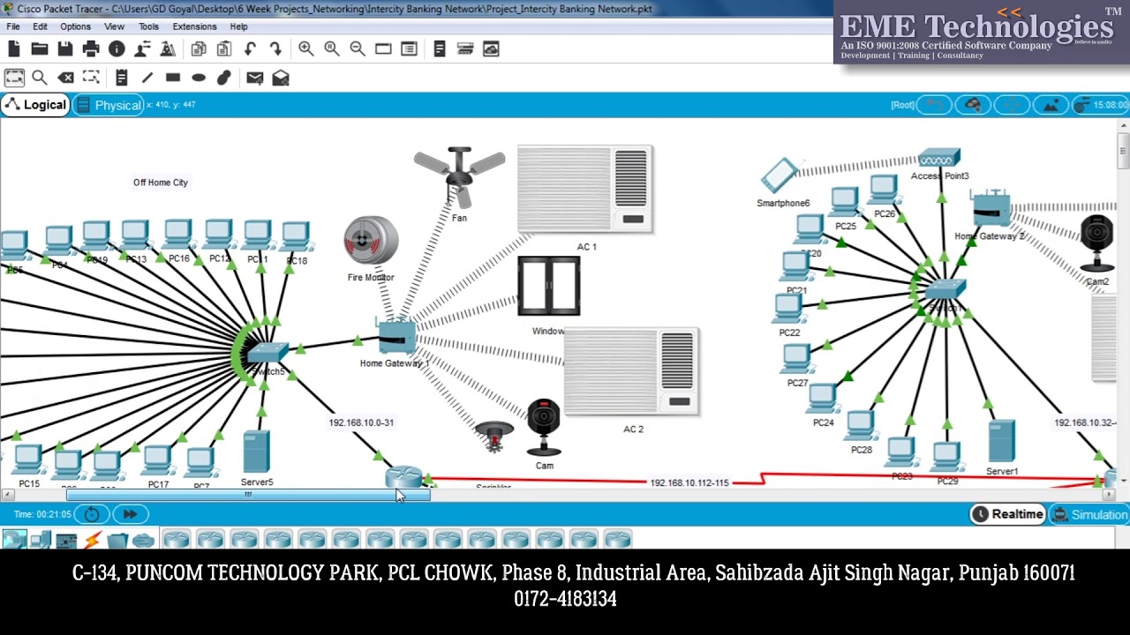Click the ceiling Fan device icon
tap(459, 176)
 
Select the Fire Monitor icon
tap(371, 241)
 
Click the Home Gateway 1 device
tap(396, 336)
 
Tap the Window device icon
tap(549, 286)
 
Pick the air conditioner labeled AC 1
tap(585, 190)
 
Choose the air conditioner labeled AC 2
tap(631, 371)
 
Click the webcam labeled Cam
tap(544, 428)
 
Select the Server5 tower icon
tap(257, 452)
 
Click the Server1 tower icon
tap(1002, 441)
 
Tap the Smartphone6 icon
tap(780, 175)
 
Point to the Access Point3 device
tap(938, 160)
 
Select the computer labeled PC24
tap(823, 400)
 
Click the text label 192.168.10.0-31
tap(361, 422)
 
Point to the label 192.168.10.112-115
tap(689, 482)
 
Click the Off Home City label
tap(161, 183)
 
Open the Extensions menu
tap(194, 26)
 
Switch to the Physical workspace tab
tap(110, 105)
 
